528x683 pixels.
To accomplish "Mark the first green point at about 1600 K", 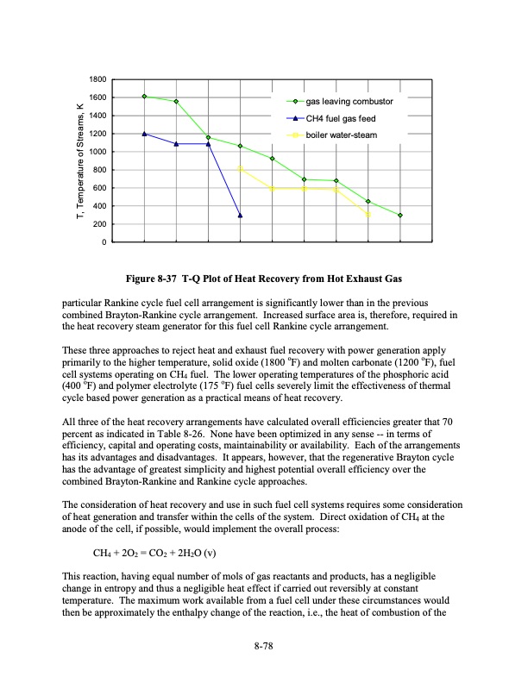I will (144, 97).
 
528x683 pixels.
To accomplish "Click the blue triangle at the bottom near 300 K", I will (240, 215).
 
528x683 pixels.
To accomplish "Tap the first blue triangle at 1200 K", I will (144, 134).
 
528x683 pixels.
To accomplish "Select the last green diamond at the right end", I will (400, 215).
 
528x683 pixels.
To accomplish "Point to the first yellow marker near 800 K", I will (240, 169).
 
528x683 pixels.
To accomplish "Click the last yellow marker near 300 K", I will (368, 215).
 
